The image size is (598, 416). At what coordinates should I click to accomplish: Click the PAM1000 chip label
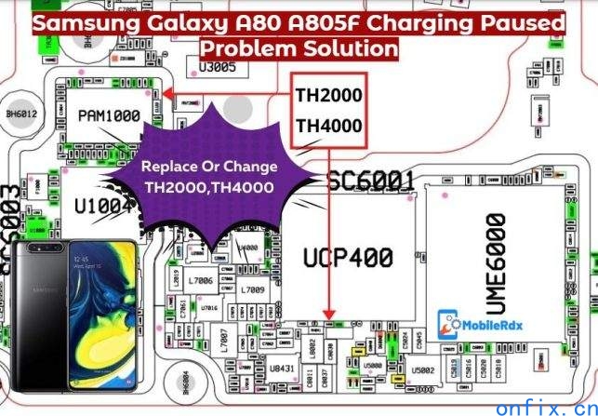click(109, 116)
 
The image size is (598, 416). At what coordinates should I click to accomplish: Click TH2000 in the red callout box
click(328, 95)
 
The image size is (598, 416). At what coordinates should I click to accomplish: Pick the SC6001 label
click(371, 181)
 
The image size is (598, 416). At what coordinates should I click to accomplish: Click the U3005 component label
click(218, 66)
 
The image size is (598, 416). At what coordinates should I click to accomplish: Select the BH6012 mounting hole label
click(22, 114)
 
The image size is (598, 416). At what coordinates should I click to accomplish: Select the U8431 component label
click(282, 370)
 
